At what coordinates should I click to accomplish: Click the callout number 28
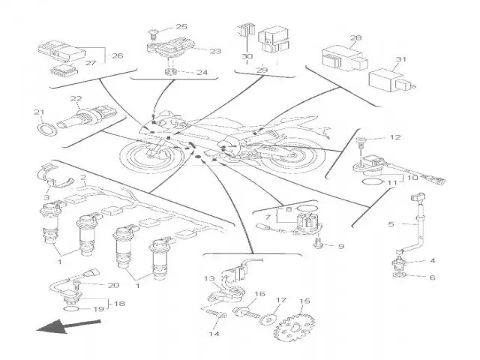click(x=356, y=37)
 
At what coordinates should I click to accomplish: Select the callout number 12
click(x=397, y=137)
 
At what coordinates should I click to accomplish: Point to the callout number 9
click(x=340, y=246)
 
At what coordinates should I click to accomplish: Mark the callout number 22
click(x=76, y=99)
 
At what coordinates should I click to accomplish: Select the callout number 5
click(x=391, y=224)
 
